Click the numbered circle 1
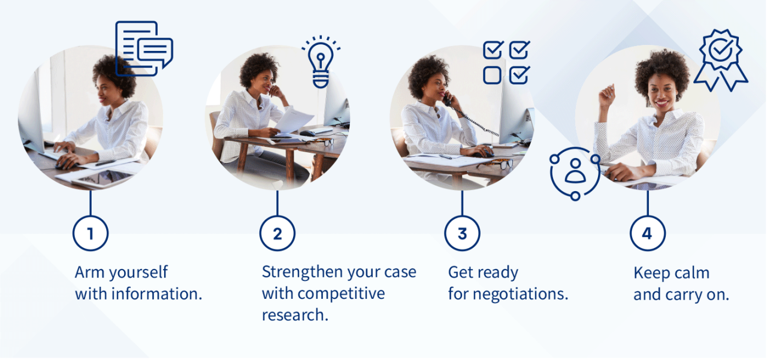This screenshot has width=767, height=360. pyautogui.click(x=90, y=233)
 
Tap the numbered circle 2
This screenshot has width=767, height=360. pyautogui.click(x=277, y=233)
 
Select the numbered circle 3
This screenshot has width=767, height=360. pyautogui.click(x=462, y=233)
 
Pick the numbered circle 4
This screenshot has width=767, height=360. pyautogui.click(x=647, y=233)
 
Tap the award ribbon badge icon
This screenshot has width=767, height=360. pyautogui.click(x=720, y=60)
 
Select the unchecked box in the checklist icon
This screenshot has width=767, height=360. pyautogui.click(x=492, y=75)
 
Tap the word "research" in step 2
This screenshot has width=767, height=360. pyautogui.click(x=294, y=316)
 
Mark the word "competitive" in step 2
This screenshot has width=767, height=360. pyautogui.click(x=341, y=294)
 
